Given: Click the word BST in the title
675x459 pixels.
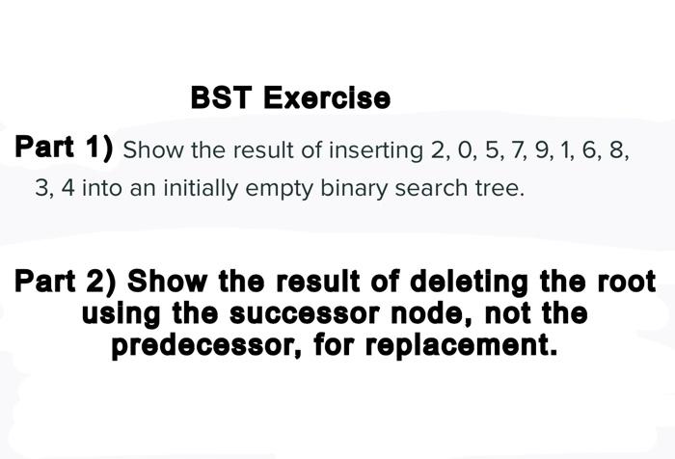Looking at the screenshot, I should click(222, 98).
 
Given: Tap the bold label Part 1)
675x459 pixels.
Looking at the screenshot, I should click(64, 148).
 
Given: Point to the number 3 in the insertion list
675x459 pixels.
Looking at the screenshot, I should click(42, 188).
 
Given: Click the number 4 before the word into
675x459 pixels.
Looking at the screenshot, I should click(67, 188).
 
